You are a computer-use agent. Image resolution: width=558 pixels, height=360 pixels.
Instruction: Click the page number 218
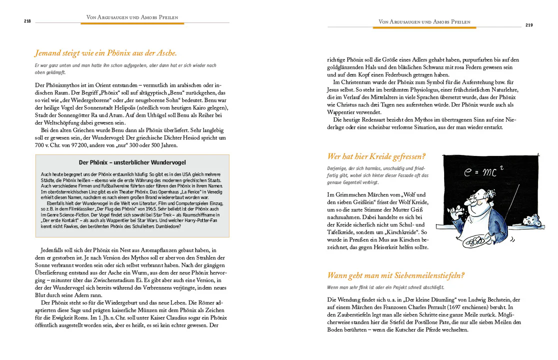27,21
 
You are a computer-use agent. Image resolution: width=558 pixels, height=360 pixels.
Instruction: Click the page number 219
529,25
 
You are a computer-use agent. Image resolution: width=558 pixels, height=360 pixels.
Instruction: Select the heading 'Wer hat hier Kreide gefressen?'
376,156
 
